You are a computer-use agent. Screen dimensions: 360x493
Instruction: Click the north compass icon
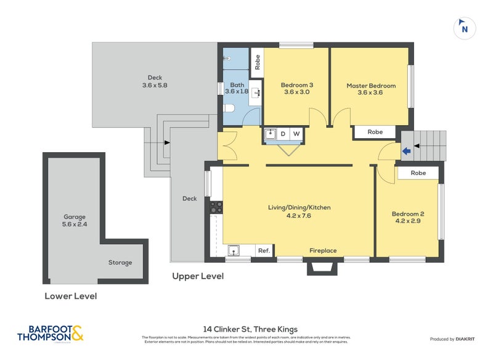pos(465,28)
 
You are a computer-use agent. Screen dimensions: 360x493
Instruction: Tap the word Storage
pos(120,263)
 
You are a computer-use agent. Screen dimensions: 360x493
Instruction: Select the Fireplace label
pos(323,250)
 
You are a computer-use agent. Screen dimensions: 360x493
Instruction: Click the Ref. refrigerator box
pos(264,250)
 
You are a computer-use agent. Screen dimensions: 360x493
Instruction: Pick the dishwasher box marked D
pos(283,134)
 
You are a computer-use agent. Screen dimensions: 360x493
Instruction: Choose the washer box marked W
pos(296,134)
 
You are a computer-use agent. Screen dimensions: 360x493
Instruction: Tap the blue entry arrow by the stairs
pos(405,150)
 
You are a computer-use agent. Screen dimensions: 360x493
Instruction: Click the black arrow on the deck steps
pos(167,143)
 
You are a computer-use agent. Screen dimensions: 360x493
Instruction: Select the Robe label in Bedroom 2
pos(418,173)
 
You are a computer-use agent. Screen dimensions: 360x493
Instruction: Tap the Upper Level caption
pos(197,276)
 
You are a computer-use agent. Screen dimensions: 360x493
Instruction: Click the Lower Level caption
pos(70,296)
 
